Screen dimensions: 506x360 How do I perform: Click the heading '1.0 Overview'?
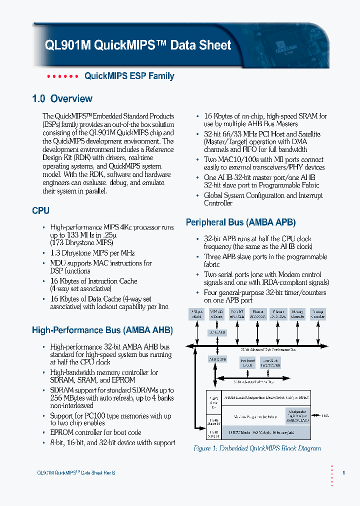(x=62, y=98)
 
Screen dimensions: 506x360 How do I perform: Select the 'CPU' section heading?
(x=40, y=211)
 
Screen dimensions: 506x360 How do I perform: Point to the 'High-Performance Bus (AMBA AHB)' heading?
(x=102, y=330)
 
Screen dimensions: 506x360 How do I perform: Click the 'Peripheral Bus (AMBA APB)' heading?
(x=240, y=222)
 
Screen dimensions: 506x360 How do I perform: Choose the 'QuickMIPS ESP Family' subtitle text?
(x=129, y=76)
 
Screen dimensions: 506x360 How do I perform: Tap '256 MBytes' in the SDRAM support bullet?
(x=69, y=398)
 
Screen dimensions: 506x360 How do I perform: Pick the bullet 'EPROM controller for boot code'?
(x=95, y=432)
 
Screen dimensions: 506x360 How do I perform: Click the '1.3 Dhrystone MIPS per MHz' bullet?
(x=92, y=253)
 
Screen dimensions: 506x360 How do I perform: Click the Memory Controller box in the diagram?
(x=297, y=314)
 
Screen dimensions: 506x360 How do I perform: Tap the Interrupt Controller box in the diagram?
(x=317, y=314)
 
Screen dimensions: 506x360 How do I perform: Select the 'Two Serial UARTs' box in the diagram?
(x=247, y=362)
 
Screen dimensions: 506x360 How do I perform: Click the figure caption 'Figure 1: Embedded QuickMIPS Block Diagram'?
(x=257, y=448)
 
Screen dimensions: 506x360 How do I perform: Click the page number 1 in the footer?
(x=343, y=472)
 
